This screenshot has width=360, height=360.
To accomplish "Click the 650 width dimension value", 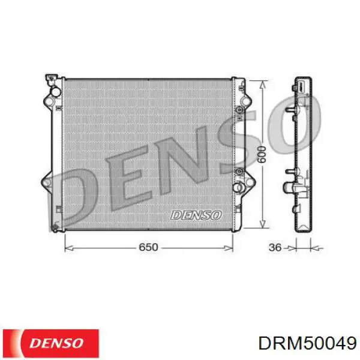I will pyautogui.click(x=149, y=247).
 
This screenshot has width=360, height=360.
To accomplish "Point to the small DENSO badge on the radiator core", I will pyautogui.click(x=196, y=214).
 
